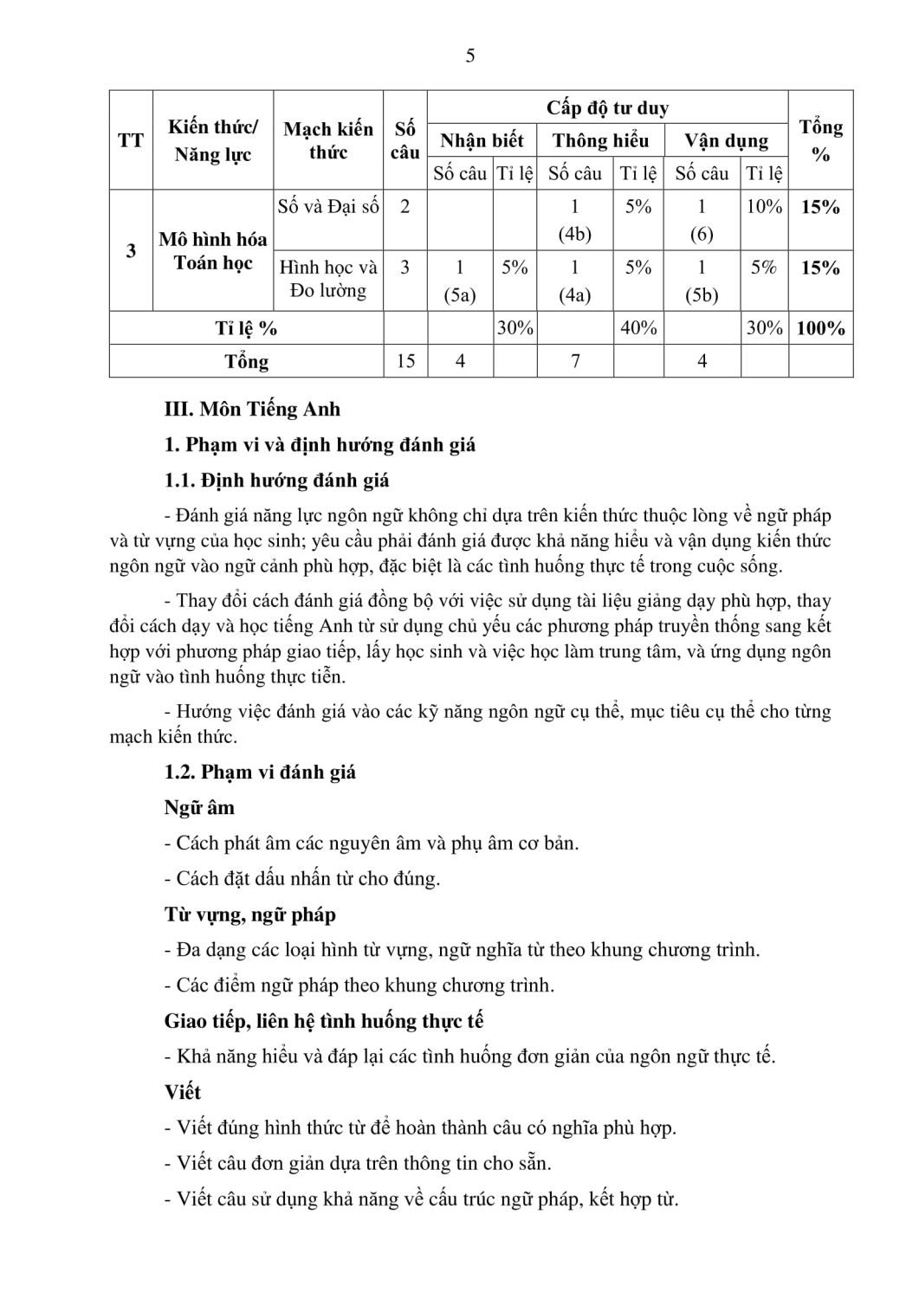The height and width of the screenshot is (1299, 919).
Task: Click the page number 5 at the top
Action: [x=469, y=57]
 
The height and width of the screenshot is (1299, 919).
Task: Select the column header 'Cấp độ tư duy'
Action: [x=607, y=108]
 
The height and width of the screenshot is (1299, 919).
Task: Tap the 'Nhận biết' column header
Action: [x=482, y=141]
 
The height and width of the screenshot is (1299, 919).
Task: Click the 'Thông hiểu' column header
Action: [x=600, y=141]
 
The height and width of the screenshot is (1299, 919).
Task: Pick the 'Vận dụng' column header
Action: [x=726, y=141]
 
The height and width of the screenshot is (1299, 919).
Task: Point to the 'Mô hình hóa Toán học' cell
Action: [x=213, y=251]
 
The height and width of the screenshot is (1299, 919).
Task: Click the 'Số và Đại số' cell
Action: [x=328, y=207]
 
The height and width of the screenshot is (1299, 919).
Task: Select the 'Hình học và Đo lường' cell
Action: [x=328, y=279]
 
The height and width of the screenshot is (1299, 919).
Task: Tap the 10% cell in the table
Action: [x=764, y=207]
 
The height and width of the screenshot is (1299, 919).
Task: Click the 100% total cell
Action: [x=820, y=329]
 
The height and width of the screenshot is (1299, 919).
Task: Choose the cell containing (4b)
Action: [x=574, y=235]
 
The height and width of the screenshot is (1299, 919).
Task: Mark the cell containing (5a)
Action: [x=460, y=295]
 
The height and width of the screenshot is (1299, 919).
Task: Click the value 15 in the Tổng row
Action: [x=405, y=361]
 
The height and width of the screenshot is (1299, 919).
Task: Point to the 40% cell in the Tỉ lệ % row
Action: [x=637, y=329]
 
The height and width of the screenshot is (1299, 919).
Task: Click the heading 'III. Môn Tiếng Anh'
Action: [x=252, y=410]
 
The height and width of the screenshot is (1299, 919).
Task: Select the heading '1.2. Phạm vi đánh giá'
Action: [x=260, y=772]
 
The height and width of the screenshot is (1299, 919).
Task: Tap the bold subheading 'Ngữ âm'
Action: [x=199, y=808]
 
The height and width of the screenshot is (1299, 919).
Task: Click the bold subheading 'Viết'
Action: [x=182, y=1093]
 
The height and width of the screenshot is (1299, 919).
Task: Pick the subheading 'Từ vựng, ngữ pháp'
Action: [x=249, y=915]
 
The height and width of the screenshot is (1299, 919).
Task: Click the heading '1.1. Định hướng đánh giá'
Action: [x=276, y=481]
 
